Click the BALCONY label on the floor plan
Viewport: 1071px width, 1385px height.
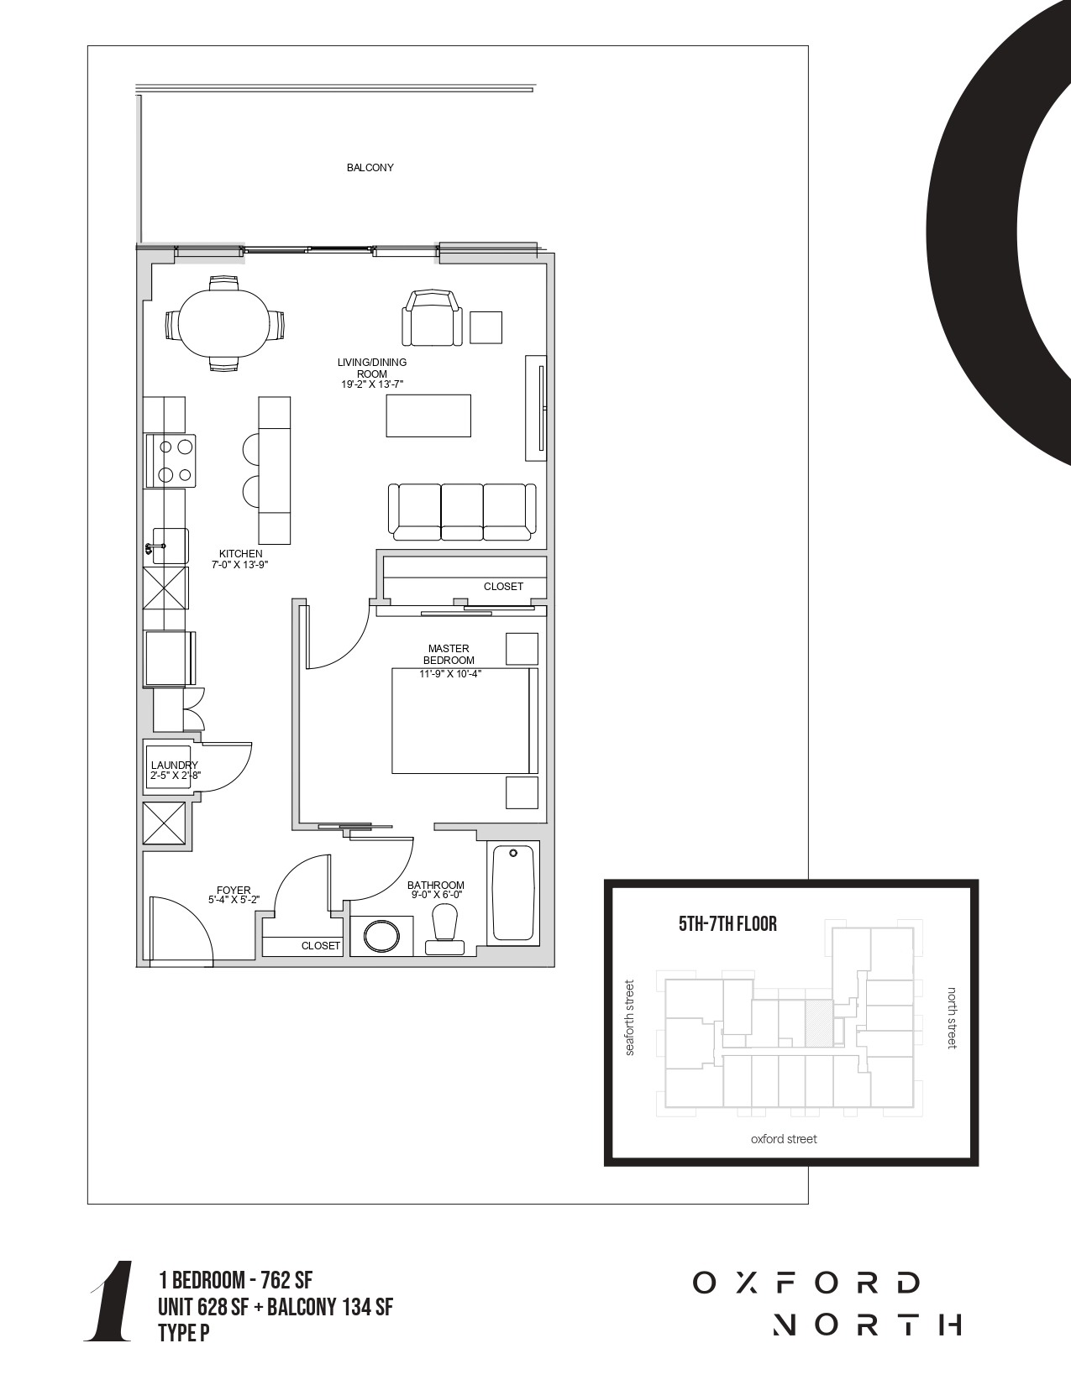370,168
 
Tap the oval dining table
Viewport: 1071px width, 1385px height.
224,323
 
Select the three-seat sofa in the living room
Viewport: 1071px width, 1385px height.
463,512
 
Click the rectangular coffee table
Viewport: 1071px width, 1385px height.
428,415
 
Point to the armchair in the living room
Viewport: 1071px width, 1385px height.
432,318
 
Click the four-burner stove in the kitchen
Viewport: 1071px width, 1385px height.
171,460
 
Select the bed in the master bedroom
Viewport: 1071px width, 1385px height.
465,721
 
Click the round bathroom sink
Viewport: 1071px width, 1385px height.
381,936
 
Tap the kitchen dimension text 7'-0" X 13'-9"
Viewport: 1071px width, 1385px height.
240,565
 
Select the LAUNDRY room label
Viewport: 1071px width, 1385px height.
174,765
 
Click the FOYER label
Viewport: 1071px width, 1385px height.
234,890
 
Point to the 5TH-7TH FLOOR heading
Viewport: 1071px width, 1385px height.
727,923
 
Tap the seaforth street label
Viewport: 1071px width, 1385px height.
630,1018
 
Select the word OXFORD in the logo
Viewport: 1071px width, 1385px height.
806,1283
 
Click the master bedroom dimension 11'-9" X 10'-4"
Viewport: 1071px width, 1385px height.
450,674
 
